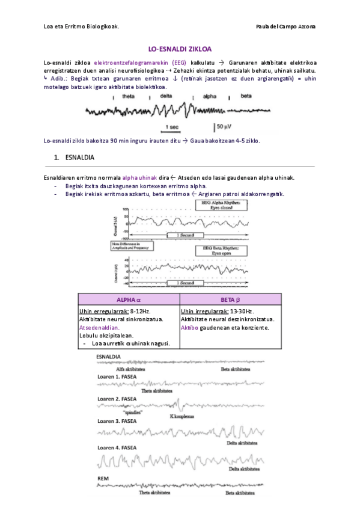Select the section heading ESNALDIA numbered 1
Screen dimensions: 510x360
(x=72, y=158)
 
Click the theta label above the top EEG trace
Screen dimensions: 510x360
(x=129, y=96)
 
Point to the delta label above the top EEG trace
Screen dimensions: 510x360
(x=166, y=96)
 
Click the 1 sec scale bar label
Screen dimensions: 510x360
(x=171, y=127)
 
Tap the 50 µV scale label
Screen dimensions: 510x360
(x=221, y=126)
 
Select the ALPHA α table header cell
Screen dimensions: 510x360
(x=129, y=300)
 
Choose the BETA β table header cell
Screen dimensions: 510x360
(x=230, y=300)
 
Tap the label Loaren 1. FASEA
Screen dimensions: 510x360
(x=117, y=376)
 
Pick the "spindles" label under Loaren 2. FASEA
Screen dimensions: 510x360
(x=132, y=413)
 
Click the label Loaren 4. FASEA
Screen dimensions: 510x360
(x=117, y=447)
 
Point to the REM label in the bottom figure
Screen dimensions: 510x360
(x=103, y=479)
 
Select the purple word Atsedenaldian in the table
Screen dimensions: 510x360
(x=99, y=328)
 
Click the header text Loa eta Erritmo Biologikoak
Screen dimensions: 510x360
(x=81, y=26)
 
